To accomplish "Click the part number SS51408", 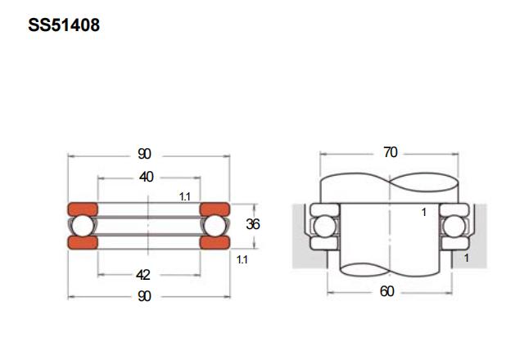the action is pyautogui.click(x=64, y=25).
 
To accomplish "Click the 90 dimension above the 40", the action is pyautogui.click(x=144, y=154).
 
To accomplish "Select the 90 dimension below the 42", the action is pyautogui.click(x=144, y=296).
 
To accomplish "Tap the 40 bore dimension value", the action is pyautogui.click(x=147, y=177).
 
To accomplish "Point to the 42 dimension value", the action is pyautogui.click(x=143, y=275).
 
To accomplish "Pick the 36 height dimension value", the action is pyautogui.click(x=253, y=224).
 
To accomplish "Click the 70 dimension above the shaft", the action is pyautogui.click(x=391, y=152).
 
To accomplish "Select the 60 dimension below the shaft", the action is pyautogui.click(x=387, y=291).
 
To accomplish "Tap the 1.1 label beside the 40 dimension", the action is pyautogui.click(x=185, y=196).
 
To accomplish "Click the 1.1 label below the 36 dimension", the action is pyautogui.click(x=242, y=259).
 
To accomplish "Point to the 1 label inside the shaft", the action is pyautogui.click(x=424, y=212).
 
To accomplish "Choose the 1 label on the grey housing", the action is pyautogui.click(x=467, y=258).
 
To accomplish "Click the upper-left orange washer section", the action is pyautogui.click(x=83, y=209).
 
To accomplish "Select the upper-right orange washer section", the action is pyautogui.click(x=215, y=209).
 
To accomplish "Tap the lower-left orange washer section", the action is pyautogui.click(x=83, y=242).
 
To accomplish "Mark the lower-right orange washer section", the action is pyautogui.click(x=215, y=242).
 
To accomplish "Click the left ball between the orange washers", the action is pyautogui.click(x=83, y=226).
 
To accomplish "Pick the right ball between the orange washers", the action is pyautogui.click(x=215, y=226).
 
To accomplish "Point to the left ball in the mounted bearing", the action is pyautogui.click(x=325, y=227).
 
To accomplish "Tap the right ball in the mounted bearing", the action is pyautogui.click(x=454, y=227).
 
